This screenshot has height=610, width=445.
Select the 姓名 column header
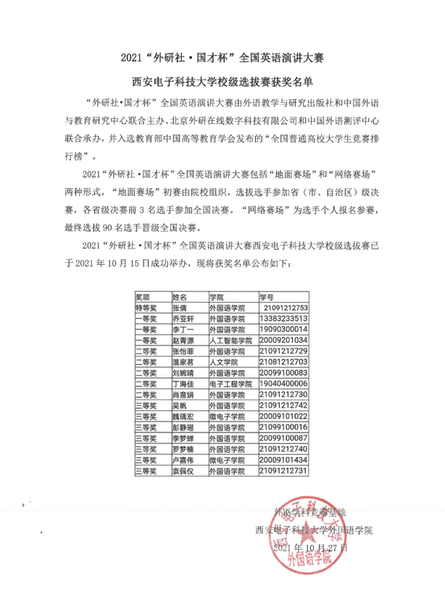click(179, 297)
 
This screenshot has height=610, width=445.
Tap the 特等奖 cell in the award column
click(147, 308)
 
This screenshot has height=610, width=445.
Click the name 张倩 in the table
click(179, 308)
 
